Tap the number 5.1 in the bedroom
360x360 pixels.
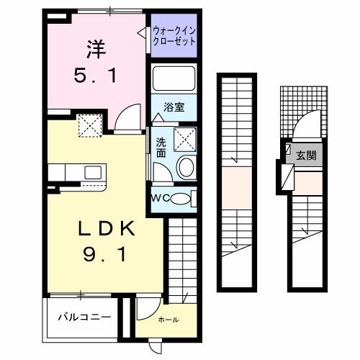click(x=95, y=75)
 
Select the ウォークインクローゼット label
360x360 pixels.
click(x=174, y=35)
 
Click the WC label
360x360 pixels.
click(x=160, y=199)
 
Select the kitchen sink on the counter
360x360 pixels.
click(x=92, y=172)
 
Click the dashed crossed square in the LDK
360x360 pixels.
click(x=91, y=127)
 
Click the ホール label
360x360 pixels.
click(x=167, y=319)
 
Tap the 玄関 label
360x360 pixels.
click(x=307, y=155)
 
